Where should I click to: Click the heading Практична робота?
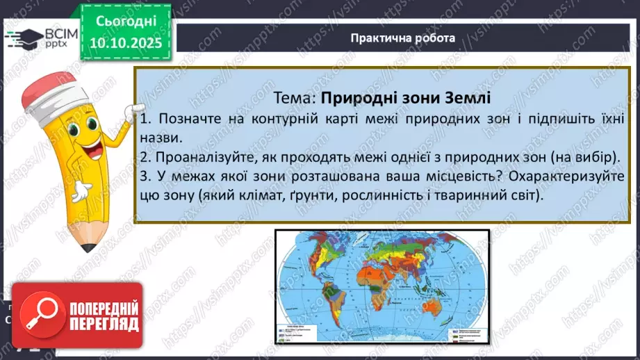tap(403, 38)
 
